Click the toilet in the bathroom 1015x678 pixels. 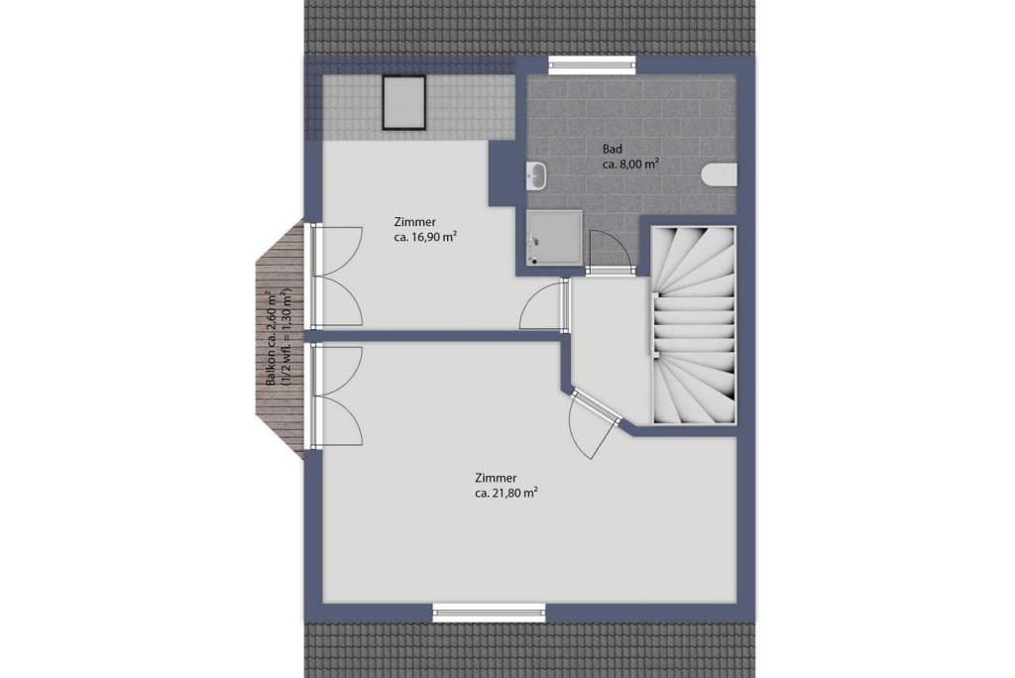(x=720, y=175)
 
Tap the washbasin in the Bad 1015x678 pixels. (x=536, y=175)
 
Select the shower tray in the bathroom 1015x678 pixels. (x=554, y=237)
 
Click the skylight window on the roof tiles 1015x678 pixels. (x=404, y=103)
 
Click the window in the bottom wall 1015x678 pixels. (x=489, y=612)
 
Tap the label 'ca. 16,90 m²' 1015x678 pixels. (x=426, y=237)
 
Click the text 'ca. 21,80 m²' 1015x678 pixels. (x=507, y=494)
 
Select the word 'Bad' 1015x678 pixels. (x=613, y=150)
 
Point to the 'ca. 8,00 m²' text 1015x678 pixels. (x=631, y=165)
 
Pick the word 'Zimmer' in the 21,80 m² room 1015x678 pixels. (x=496, y=479)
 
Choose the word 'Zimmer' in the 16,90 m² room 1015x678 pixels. (x=415, y=222)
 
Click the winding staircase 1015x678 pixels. (x=693, y=326)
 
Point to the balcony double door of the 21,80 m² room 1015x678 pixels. (x=337, y=396)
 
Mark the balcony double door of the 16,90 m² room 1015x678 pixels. (x=337, y=276)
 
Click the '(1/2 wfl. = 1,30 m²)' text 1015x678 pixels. (x=287, y=339)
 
